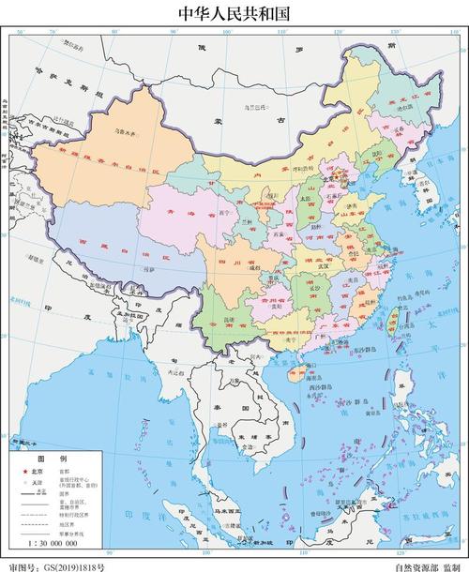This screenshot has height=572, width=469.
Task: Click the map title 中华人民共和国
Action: [234, 13]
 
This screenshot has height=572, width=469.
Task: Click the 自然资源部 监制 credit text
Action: [427, 565]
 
